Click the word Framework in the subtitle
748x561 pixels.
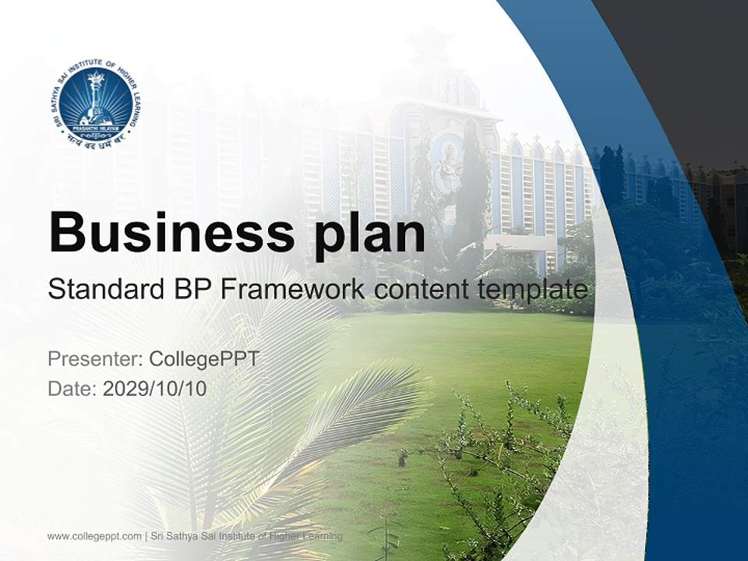coord(292,290)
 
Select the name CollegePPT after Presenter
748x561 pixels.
coord(203,359)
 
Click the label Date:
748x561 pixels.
coord(72,388)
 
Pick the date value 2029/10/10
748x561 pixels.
coord(155,388)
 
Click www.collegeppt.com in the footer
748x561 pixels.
coord(94,536)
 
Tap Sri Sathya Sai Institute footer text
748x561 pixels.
coord(246,536)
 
